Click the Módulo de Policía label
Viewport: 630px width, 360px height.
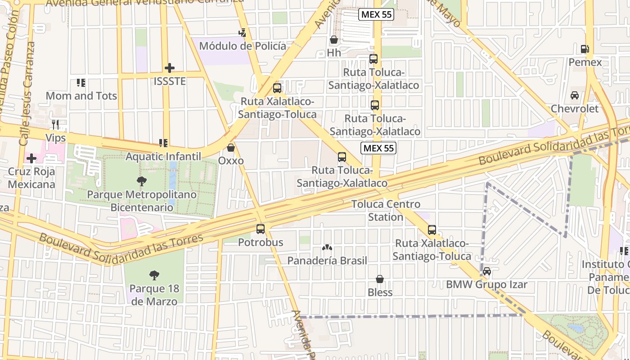242,46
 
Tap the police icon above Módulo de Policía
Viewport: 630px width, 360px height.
243,32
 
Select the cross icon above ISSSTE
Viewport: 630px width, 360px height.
170,68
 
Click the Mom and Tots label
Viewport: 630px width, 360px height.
81,96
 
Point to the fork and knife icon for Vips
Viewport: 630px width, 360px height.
56,124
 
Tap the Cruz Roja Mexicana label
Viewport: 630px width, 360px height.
31,178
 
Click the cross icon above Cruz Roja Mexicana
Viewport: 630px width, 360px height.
31,158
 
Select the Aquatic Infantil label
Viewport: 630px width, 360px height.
163,157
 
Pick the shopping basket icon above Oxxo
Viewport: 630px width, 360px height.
231,148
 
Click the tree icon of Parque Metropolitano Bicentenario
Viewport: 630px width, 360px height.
142,181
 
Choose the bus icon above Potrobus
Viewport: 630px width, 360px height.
261,229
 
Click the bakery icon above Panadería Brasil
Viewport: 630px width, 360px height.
327,247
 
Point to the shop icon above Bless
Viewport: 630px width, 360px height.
380,279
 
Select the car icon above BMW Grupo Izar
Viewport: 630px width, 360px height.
486,271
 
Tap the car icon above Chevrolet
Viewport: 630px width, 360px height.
575,95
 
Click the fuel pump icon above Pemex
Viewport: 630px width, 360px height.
585,49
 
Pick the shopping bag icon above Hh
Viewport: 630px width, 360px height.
334,40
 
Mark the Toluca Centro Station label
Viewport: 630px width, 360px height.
386,211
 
